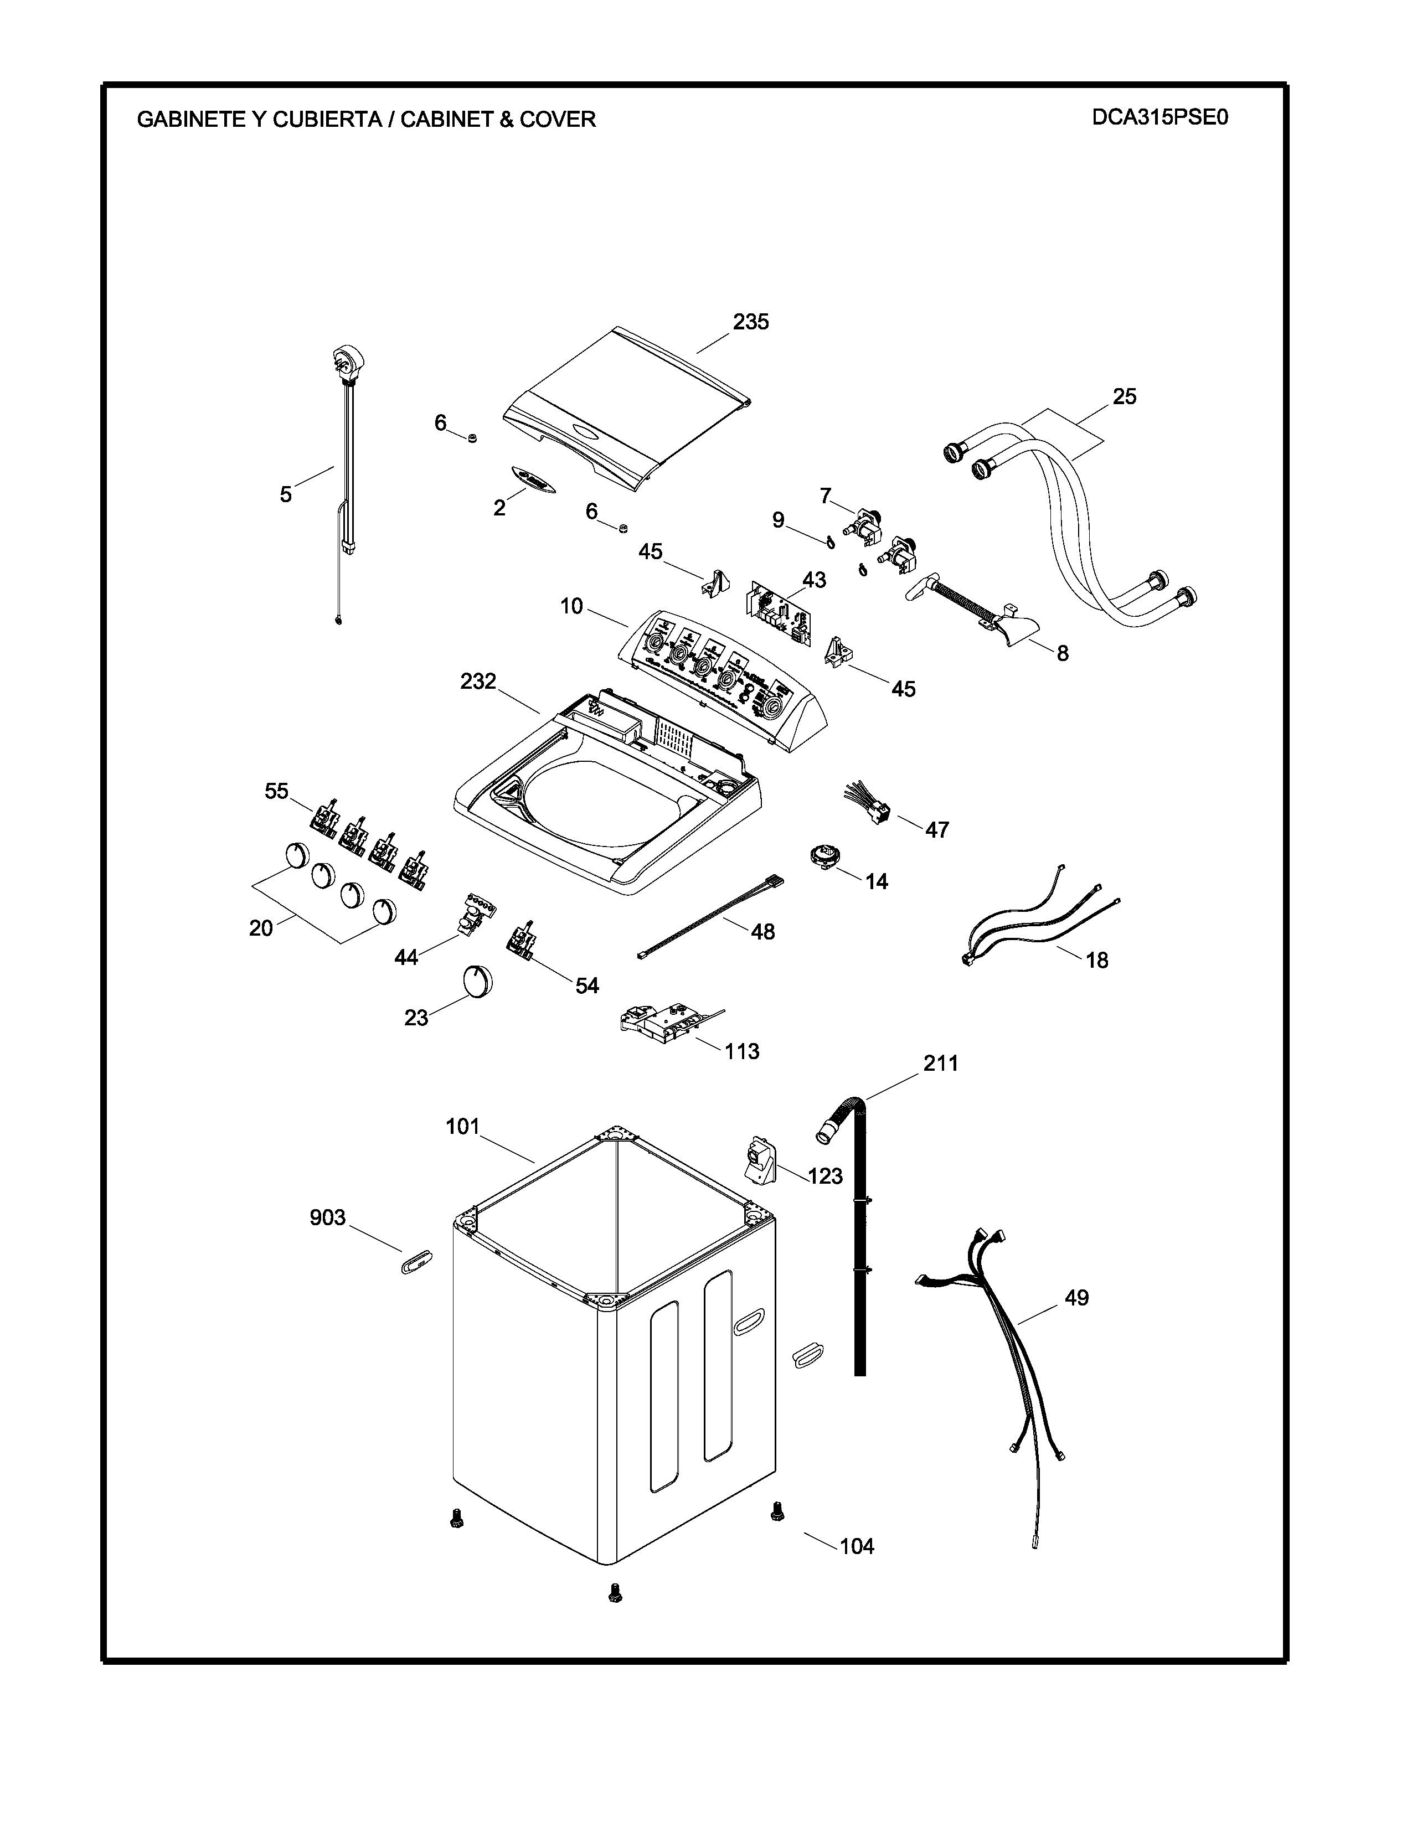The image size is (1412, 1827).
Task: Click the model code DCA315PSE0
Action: [x=1160, y=117]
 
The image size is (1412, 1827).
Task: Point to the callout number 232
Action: [x=478, y=682]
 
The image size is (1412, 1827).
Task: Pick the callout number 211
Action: [x=940, y=1063]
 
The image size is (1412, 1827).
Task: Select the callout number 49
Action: [x=1076, y=1298]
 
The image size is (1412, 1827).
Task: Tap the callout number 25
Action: [x=1124, y=396]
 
